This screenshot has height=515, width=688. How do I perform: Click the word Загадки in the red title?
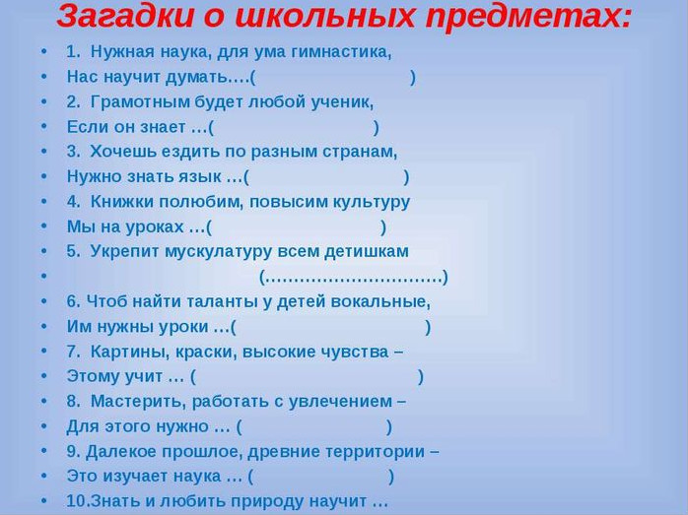pyautogui.click(x=125, y=17)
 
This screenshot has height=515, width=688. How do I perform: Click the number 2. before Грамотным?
pyautogui.click(x=73, y=101)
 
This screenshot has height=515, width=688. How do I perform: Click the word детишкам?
pyautogui.click(x=367, y=251)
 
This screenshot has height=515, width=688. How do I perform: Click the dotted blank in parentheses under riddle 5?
pyautogui.click(x=354, y=278)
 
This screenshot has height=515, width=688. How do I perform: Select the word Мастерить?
pyautogui.click(x=139, y=402)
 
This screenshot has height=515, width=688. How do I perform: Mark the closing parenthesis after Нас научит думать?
pyautogui.click(x=412, y=78)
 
